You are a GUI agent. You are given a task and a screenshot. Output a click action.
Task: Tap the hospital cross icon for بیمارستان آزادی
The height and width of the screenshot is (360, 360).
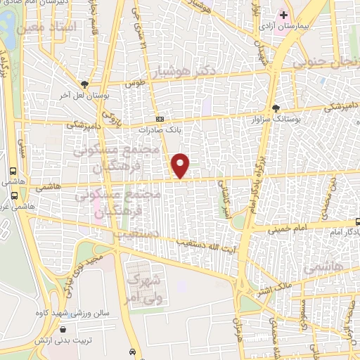coord(283,15)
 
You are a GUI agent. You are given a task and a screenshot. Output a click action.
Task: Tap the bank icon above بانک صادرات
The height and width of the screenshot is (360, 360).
coord(160,119)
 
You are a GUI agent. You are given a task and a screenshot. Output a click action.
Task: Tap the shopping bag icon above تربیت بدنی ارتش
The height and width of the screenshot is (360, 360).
coord(63,328)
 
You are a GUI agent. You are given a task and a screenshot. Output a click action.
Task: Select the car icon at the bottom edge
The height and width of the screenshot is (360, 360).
coord(134,351)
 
